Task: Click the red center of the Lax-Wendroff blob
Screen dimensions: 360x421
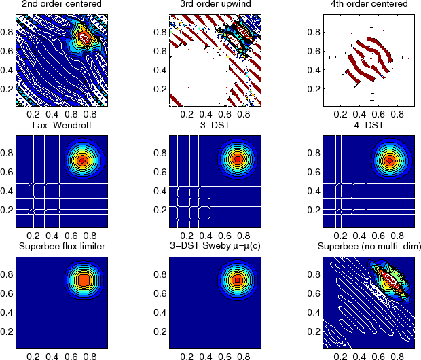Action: pyautogui.click(x=82, y=160)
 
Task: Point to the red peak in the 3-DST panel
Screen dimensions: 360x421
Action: pyautogui.click(x=237, y=159)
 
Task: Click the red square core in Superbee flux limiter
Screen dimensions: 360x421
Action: pyautogui.click(x=83, y=279)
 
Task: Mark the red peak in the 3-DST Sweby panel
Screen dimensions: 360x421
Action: pyautogui.click(x=237, y=279)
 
